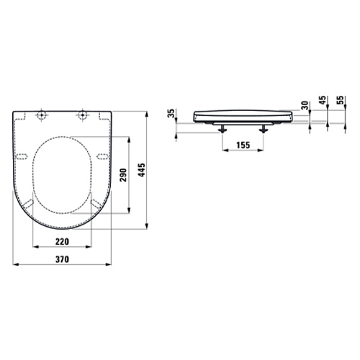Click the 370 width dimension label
point(62,259)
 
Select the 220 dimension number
point(62,241)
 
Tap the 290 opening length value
point(123,175)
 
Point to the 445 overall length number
point(142,170)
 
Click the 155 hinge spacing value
point(243,145)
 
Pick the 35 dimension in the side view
point(171,113)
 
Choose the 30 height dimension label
point(305,105)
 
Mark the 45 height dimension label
point(323,100)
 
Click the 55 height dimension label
point(340,100)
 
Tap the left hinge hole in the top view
point(42,115)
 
